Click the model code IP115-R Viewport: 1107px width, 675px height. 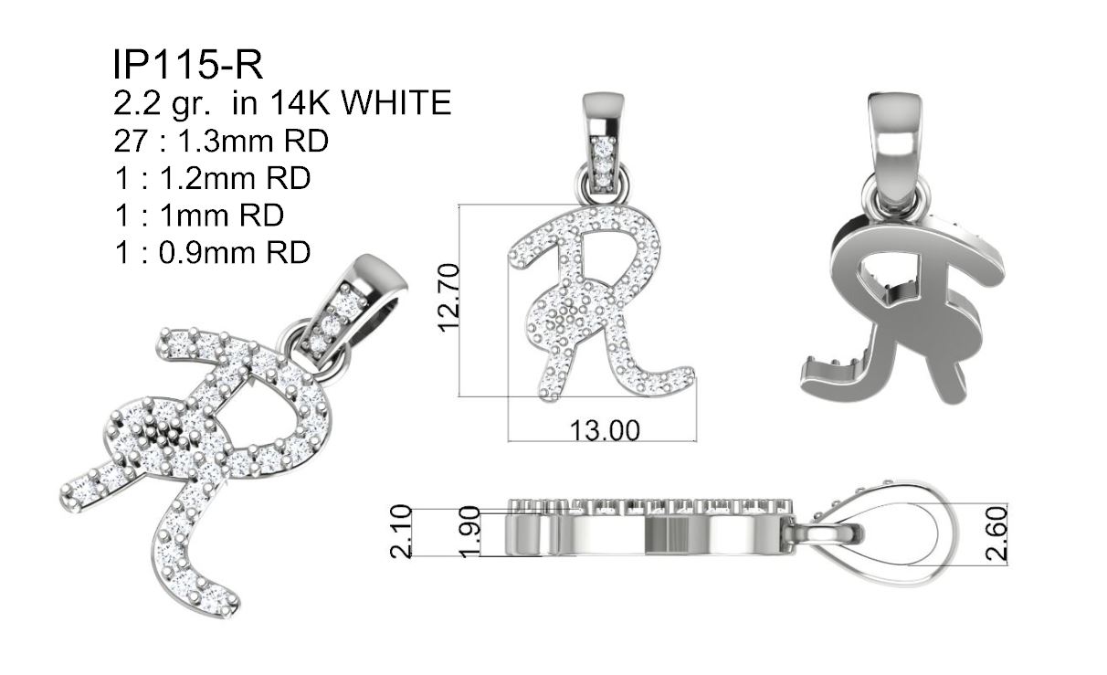point(188,65)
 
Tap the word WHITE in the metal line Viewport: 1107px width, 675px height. point(396,103)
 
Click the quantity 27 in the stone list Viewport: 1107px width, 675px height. point(131,141)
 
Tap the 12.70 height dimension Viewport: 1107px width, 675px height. point(449,298)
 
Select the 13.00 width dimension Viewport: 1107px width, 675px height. point(605,430)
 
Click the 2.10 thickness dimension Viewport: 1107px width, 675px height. point(401,532)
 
